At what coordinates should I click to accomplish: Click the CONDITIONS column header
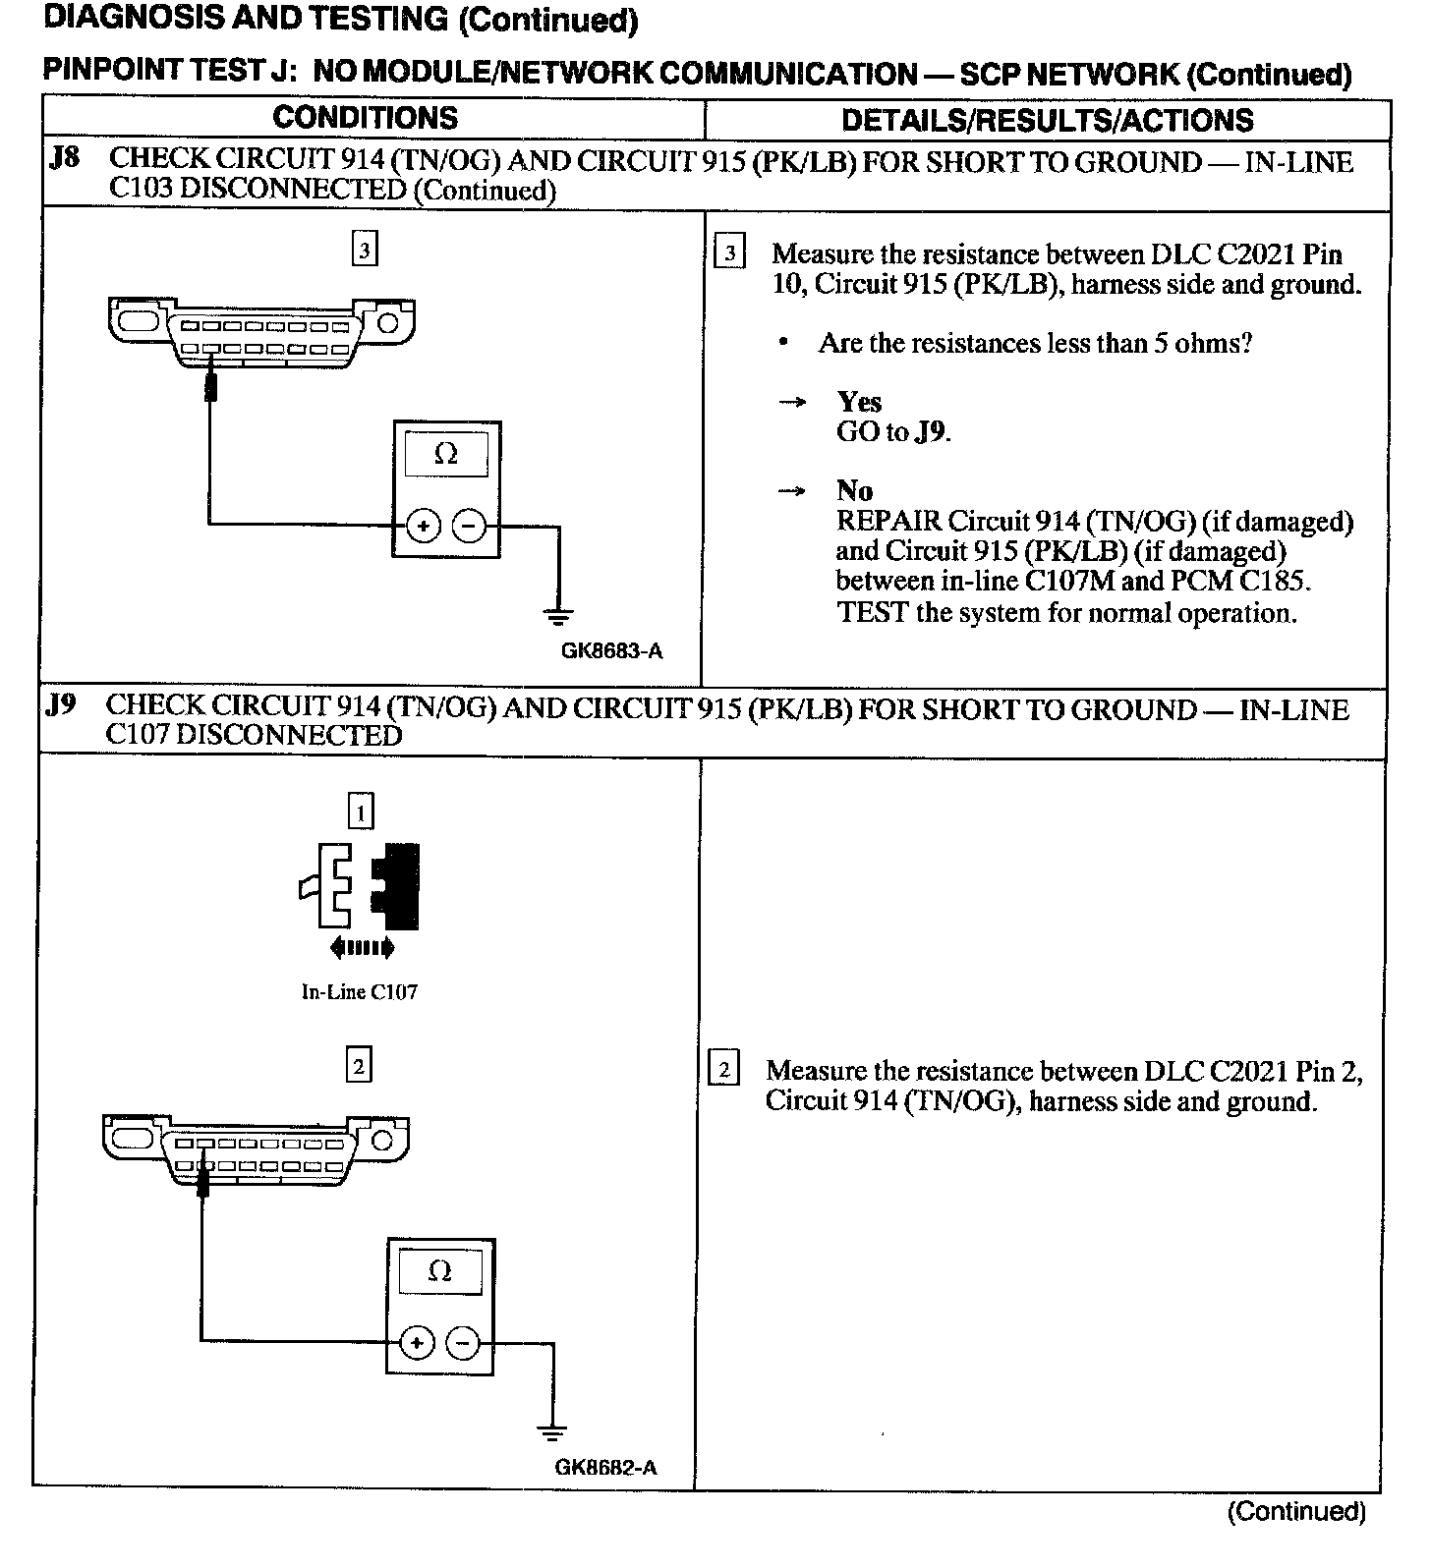pyautogui.click(x=365, y=118)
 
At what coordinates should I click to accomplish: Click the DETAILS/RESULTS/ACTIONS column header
pyautogui.click(x=1047, y=120)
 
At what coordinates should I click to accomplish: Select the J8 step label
pyautogui.click(x=64, y=158)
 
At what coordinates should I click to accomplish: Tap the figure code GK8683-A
pyautogui.click(x=611, y=650)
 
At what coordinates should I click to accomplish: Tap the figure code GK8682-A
pyautogui.click(x=605, y=1468)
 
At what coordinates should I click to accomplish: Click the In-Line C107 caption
pyautogui.click(x=359, y=992)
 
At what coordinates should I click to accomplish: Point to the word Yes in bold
pyautogui.click(x=859, y=402)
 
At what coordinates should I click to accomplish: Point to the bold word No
pyautogui.click(x=854, y=490)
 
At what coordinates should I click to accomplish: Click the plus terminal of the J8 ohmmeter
pyautogui.click(x=424, y=527)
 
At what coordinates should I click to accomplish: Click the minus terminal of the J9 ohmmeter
pyautogui.click(x=464, y=1343)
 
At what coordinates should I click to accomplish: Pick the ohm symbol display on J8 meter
pyautogui.click(x=446, y=454)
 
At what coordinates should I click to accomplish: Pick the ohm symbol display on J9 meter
pyautogui.click(x=440, y=1271)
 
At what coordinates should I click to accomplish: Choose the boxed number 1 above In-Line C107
pyautogui.click(x=361, y=812)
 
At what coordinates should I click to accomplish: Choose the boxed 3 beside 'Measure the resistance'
pyautogui.click(x=728, y=253)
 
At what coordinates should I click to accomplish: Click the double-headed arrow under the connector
pyautogui.click(x=363, y=948)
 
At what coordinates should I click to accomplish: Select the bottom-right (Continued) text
pyautogui.click(x=1296, y=1510)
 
